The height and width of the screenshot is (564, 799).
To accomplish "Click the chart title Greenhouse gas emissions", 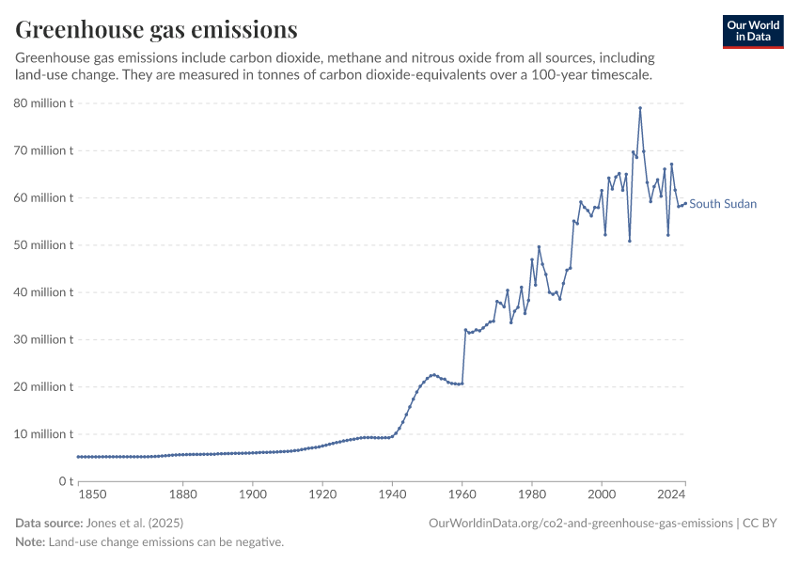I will click(157, 29).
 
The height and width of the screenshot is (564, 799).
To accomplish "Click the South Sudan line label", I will click(723, 204).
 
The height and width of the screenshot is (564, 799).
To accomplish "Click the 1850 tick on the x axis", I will click(91, 493).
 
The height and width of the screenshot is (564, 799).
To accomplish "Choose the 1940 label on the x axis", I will click(392, 493).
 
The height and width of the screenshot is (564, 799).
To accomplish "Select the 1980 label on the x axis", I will click(532, 493).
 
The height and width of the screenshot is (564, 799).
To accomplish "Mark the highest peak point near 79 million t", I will click(640, 108).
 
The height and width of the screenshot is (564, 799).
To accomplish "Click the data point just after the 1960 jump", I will click(465, 330).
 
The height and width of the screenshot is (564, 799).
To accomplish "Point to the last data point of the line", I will click(685, 203).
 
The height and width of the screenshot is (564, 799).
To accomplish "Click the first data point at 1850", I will click(78, 457).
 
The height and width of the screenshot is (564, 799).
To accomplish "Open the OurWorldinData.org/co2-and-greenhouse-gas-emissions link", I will click(580, 523).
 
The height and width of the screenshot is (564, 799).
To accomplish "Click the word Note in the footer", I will click(30, 542).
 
